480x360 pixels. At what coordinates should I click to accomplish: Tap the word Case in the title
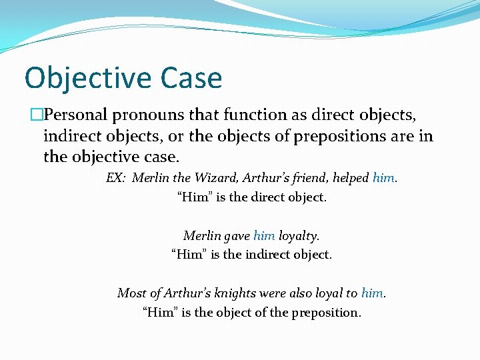[x=193, y=78]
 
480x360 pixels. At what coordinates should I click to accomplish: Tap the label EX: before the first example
[x=116, y=178]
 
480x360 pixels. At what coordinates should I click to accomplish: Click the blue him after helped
[x=384, y=178]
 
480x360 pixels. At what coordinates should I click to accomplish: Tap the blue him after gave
[x=264, y=235]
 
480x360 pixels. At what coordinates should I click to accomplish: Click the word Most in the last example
[x=131, y=293]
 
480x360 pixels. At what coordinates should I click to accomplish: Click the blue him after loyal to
[x=372, y=293]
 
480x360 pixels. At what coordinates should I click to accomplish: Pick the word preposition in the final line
[x=323, y=311]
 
